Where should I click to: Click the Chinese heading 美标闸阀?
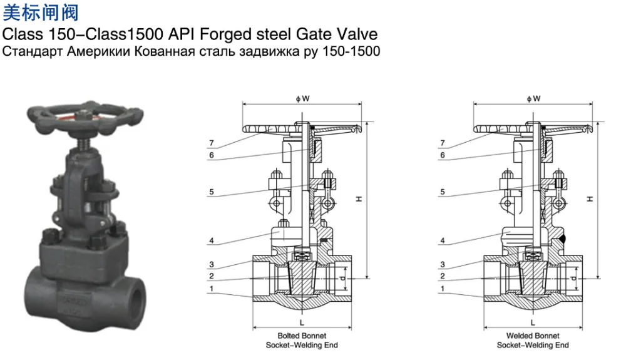pyautogui.click(x=42, y=12)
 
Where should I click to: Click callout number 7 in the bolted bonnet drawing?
pyautogui.click(x=212, y=143)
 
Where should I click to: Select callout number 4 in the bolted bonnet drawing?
pyautogui.click(x=212, y=240)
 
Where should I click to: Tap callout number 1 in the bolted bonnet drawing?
pyautogui.click(x=212, y=289)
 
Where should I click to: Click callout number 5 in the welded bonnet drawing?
pyautogui.click(x=443, y=192)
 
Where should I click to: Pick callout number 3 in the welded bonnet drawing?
pyautogui.click(x=443, y=264)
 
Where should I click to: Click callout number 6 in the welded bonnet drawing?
pyautogui.click(x=443, y=155)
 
